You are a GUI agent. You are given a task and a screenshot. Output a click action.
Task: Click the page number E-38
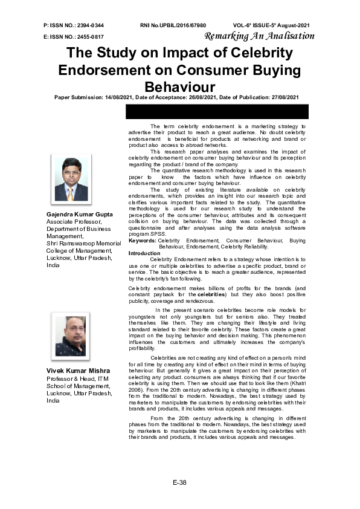pyautogui.click(x=179, y=482)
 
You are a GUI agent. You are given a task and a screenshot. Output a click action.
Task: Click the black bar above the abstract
pyautogui.click(x=217, y=112)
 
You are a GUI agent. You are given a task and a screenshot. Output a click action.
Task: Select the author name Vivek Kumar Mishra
pyautogui.click(x=78, y=371)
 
